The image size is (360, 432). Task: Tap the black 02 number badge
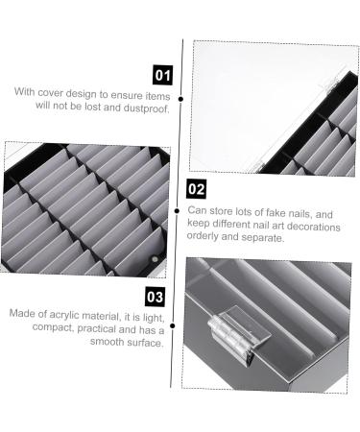tap(196, 189)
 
